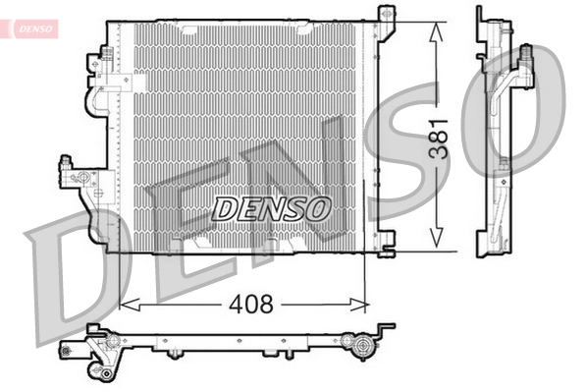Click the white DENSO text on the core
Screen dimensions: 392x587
pyautogui.click(x=272, y=207)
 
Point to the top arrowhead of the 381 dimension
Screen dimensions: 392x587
pyautogui.click(x=435, y=23)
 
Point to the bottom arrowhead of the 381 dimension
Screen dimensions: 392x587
pyautogui.click(x=435, y=248)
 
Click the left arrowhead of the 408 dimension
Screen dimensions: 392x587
pyautogui.click(x=124, y=306)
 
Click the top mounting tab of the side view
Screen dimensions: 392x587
pyautogui.click(x=482, y=16)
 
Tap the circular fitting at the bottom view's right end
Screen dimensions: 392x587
pyautogui.click(x=362, y=345)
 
